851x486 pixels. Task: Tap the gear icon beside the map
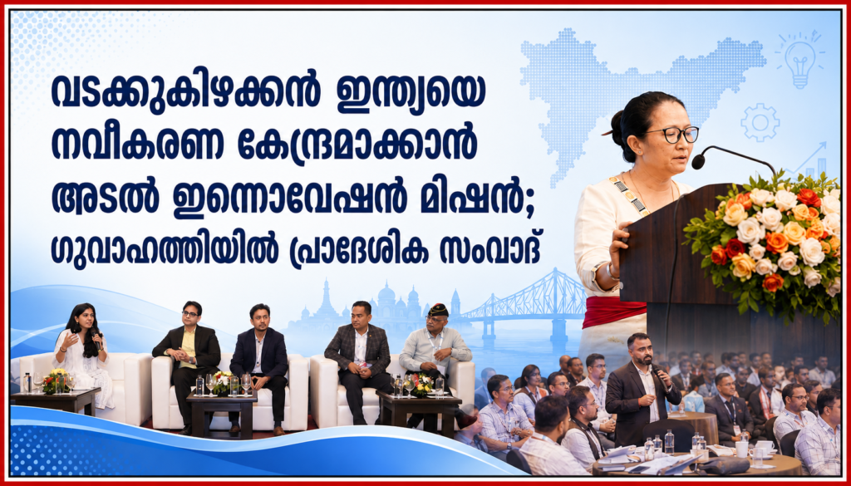760,123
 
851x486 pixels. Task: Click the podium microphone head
698,160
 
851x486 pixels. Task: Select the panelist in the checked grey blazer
359,361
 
